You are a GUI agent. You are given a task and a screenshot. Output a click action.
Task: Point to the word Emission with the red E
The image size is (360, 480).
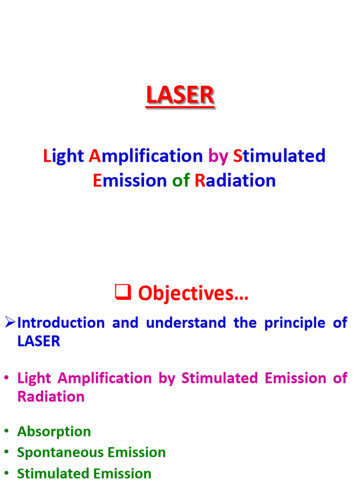click(129, 180)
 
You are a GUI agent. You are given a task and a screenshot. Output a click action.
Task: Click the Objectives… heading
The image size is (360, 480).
click(193, 294)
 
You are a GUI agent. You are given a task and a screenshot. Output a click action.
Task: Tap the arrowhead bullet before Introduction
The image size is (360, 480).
click(10, 322)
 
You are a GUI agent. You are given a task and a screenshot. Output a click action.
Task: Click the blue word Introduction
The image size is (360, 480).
click(61, 323)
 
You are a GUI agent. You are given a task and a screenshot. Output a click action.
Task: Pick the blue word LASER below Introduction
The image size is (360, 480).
click(38, 341)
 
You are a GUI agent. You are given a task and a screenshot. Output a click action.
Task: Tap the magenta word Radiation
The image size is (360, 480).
click(51, 397)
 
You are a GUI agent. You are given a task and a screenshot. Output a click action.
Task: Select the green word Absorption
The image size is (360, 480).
click(54, 432)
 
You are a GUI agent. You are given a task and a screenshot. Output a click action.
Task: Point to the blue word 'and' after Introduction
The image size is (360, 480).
click(125, 323)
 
